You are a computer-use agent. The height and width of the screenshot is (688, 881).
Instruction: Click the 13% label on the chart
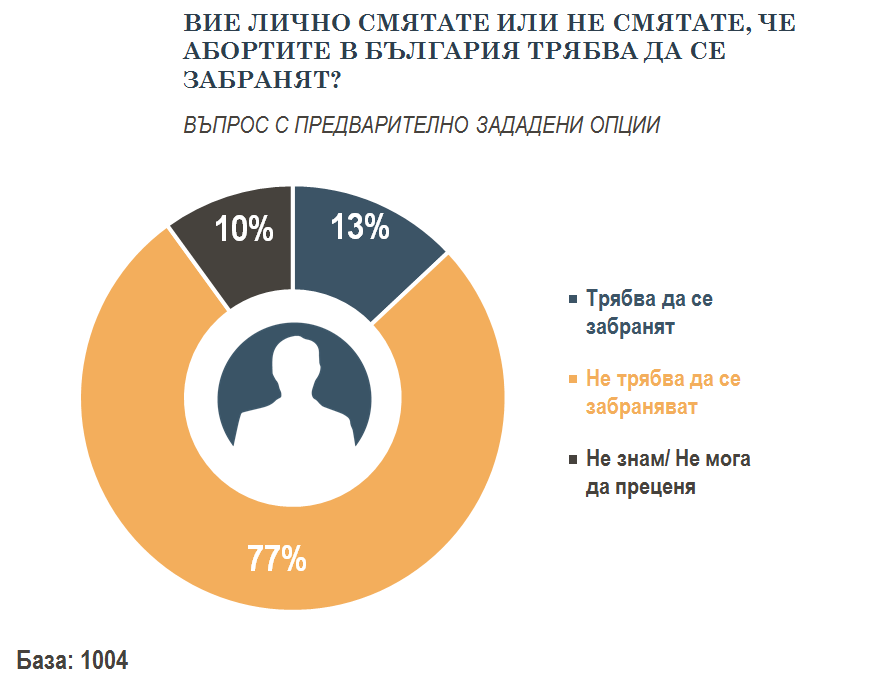click(x=360, y=229)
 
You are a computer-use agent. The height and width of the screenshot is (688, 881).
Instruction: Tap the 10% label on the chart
click(x=244, y=229)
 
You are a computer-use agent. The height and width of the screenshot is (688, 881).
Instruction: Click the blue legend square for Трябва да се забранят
click(x=572, y=300)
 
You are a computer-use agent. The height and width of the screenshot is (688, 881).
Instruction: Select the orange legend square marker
click(x=572, y=380)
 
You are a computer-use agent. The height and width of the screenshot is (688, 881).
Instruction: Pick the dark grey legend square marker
click(x=572, y=460)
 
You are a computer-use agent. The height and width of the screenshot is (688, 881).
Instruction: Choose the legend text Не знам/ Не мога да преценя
click(x=667, y=473)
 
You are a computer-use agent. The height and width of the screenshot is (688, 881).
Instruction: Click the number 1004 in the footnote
click(x=104, y=661)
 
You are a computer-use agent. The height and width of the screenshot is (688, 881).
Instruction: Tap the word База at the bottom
click(x=43, y=661)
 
